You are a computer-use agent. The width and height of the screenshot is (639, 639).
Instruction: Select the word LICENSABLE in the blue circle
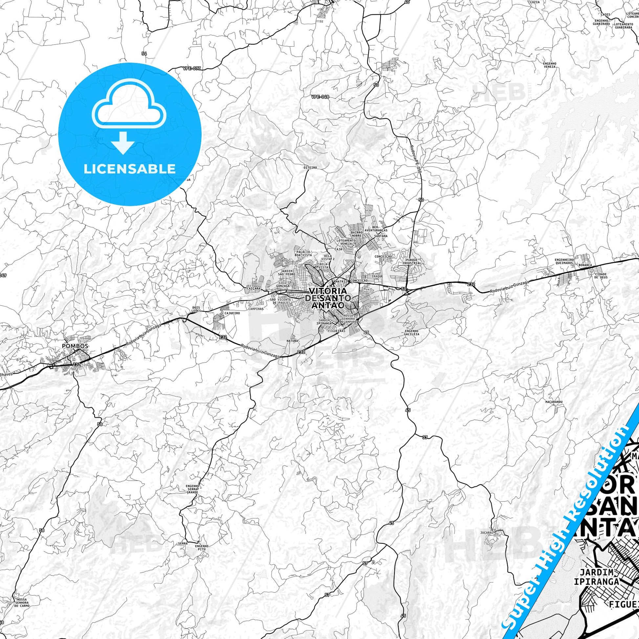pos(130,169)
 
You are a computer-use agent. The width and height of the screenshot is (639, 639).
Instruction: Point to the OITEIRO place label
pos(310,168)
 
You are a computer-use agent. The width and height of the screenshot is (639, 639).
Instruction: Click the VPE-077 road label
pos(191,69)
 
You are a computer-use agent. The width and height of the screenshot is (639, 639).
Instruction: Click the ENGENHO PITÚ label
pos(201,547)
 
